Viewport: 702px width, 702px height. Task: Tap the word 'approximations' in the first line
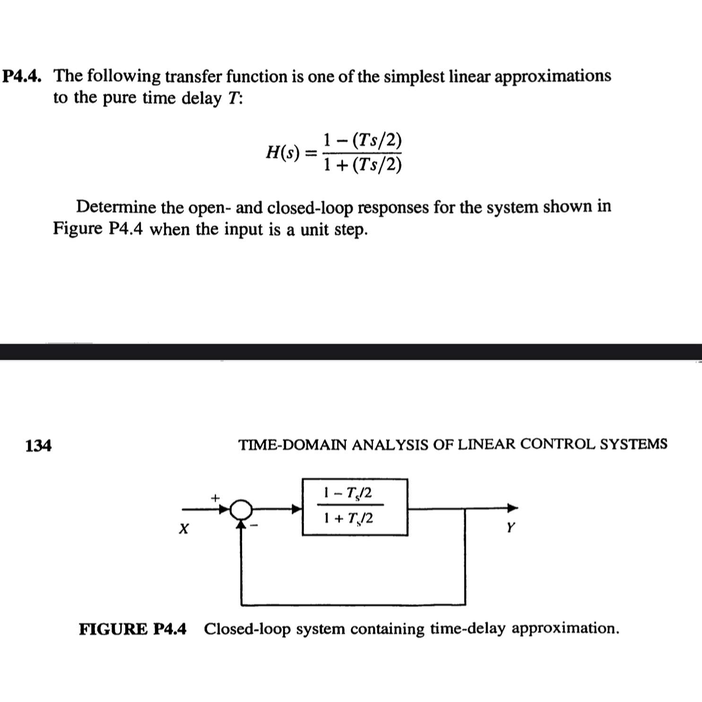(553, 76)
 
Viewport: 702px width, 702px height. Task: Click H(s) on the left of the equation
(283, 152)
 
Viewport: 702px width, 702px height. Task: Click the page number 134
(38, 445)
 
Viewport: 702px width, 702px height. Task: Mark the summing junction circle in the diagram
(241, 510)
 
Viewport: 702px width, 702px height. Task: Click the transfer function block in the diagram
(355, 507)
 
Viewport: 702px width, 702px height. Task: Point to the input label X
(184, 528)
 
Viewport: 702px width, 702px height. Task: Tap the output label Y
(510, 527)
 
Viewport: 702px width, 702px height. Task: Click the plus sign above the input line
(216, 497)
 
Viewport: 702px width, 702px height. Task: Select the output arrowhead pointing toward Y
(512, 508)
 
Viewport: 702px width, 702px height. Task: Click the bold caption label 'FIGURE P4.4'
(133, 629)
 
